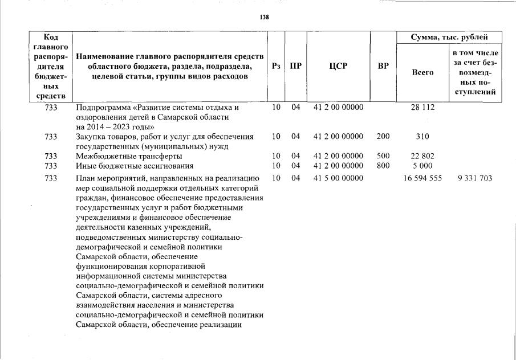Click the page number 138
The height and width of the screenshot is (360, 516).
click(264, 17)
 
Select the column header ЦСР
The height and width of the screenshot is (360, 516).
click(338, 66)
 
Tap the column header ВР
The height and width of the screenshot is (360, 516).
click(383, 66)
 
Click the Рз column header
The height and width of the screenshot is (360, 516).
click(276, 66)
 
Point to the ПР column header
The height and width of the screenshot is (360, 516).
click(295, 66)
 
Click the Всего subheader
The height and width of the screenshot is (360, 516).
click(422, 72)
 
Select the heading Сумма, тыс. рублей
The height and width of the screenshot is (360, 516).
click(449, 37)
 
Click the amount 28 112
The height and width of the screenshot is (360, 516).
click(422, 107)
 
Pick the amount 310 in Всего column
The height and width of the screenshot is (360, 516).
click(422, 137)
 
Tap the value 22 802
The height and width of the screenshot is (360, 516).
click(422, 156)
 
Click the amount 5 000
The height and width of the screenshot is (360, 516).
click(422, 166)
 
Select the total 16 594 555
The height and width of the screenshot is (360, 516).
click(422, 179)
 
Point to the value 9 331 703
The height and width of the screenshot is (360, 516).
click(474, 179)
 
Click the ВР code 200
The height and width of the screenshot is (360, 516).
click(383, 137)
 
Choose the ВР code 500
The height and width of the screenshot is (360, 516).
click(383, 156)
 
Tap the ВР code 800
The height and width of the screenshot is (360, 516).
click(383, 166)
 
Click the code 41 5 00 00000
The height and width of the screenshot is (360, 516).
click(338, 179)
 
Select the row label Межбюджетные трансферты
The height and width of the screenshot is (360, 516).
click(129, 156)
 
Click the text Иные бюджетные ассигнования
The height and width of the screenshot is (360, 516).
click(135, 166)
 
